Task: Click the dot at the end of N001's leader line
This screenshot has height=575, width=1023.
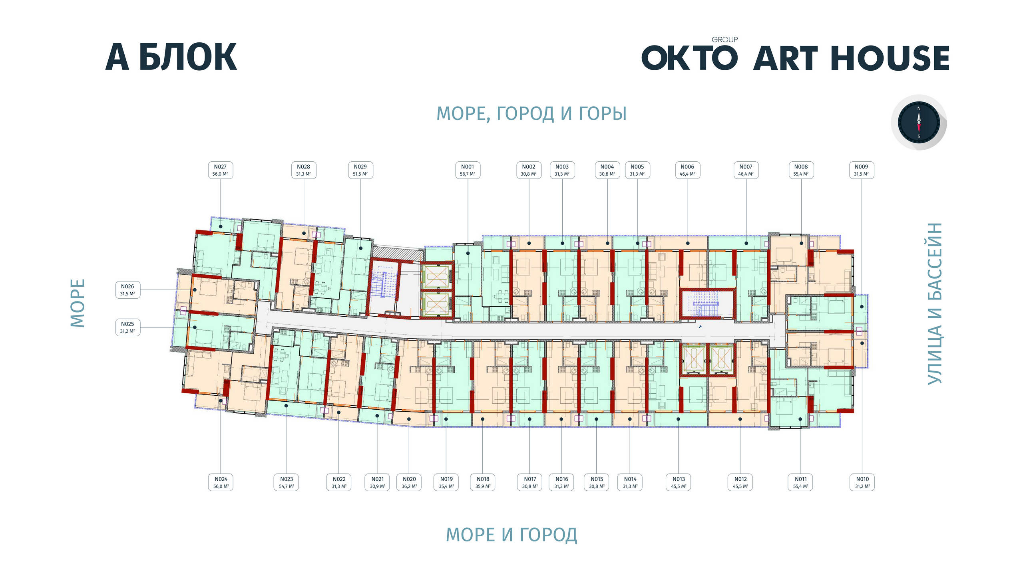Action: point(468,253)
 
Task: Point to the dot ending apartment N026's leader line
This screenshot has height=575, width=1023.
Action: point(195,290)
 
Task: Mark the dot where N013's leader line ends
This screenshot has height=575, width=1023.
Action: point(678,419)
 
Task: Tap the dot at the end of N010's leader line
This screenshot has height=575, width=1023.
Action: point(862,343)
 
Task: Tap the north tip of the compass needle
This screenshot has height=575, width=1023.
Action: point(919,111)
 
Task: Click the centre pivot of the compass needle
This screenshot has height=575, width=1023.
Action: point(919,122)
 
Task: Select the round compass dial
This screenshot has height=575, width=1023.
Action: point(919,122)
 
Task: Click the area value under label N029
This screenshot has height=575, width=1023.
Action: point(360,174)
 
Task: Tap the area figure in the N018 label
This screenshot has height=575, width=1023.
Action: point(483,486)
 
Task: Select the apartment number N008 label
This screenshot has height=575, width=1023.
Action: point(801,167)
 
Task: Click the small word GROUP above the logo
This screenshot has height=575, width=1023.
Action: point(724,40)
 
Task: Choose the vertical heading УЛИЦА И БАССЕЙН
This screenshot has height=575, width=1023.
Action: point(935,303)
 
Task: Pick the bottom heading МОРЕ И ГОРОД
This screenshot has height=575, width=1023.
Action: point(511,535)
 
